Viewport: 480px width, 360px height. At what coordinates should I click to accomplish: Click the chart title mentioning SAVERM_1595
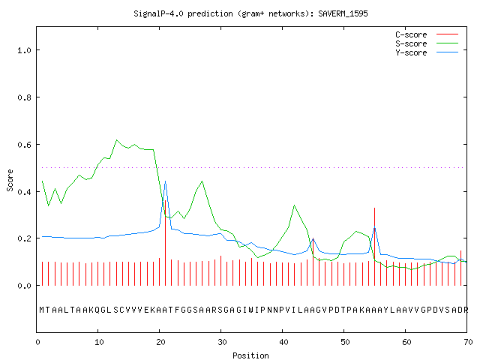(250, 13)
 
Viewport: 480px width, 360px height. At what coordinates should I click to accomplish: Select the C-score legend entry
(427, 34)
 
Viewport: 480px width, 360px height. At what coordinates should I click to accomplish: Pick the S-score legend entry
(427, 43)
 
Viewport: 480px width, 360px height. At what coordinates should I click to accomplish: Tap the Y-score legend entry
(427, 52)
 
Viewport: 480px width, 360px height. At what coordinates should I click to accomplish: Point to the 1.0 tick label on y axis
(24, 50)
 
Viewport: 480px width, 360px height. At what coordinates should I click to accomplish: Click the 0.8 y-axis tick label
(24, 97)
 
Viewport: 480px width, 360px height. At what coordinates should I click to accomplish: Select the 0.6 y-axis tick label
(24, 145)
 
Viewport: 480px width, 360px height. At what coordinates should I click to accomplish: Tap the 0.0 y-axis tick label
(24, 286)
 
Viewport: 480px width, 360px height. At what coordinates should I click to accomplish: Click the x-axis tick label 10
(99, 342)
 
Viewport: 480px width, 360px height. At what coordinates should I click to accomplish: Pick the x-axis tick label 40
(283, 342)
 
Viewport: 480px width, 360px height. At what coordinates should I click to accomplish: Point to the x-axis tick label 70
(468, 342)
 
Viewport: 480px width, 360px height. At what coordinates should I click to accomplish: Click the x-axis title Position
(250, 355)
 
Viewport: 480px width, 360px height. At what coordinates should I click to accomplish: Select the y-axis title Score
(10, 180)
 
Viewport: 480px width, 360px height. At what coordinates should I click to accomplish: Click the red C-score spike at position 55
(374, 247)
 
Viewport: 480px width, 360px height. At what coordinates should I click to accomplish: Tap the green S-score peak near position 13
(117, 140)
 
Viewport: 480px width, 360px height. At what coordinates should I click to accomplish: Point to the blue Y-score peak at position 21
(165, 181)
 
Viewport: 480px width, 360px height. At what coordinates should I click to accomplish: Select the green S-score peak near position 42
(294, 205)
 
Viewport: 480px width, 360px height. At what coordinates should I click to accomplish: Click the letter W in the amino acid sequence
(250, 310)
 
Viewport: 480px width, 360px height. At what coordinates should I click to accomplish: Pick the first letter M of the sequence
(42, 310)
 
